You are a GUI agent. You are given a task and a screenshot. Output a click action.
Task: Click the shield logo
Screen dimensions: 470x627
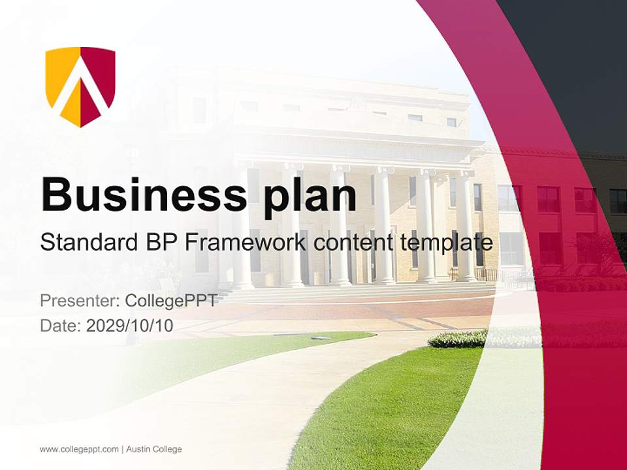coord(80,86)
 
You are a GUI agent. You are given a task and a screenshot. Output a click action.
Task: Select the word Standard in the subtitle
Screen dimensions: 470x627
coord(87,243)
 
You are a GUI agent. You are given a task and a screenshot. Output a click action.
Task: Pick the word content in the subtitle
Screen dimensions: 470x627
coord(353,243)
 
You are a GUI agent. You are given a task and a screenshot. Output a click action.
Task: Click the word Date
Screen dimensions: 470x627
coord(61,326)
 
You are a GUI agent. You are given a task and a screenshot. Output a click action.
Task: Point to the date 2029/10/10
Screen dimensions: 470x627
coord(130,326)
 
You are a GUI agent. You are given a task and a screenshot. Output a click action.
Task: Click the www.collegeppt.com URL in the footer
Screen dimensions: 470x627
coord(79,449)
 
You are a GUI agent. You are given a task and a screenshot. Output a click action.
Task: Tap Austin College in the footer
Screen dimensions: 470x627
coord(154,449)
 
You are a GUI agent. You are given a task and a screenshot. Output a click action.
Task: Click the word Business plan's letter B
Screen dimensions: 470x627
coord(57,193)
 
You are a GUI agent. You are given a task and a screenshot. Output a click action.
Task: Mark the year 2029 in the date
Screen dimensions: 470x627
coord(104,326)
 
